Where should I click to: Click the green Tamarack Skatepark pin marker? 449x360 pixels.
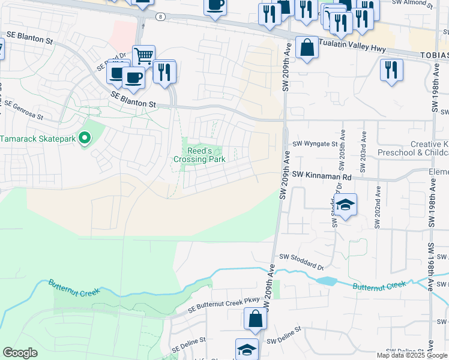click(x=85, y=139)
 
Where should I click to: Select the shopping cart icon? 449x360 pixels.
click(x=143, y=56)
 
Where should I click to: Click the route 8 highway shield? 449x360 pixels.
click(x=160, y=17)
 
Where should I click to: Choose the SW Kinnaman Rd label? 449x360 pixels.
click(x=322, y=176)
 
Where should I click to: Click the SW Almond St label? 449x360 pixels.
click(x=414, y=4)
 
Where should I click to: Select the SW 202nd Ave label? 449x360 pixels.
click(x=377, y=206)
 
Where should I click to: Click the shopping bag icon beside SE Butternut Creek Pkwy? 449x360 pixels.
click(x=255, y=319)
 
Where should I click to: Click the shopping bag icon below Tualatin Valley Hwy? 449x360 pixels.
click(x=307, y=49)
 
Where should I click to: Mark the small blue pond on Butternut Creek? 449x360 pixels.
click(x=327, y=281)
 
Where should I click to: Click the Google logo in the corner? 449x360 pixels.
click(x=20, y=353)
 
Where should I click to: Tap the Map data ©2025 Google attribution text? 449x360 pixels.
click(x=412, y=355)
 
